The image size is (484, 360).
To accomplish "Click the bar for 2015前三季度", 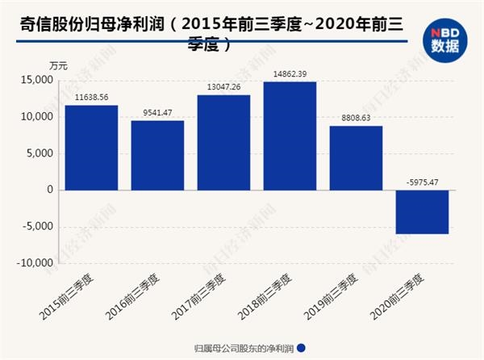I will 91,148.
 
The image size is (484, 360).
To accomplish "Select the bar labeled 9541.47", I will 157,155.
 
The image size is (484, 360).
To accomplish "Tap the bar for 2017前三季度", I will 223,142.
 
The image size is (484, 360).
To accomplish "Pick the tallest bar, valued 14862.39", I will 290,136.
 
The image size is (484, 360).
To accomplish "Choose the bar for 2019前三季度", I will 356,157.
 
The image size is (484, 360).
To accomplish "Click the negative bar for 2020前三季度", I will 422,211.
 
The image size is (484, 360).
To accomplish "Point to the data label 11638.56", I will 91,97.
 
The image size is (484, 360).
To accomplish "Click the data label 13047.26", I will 223,87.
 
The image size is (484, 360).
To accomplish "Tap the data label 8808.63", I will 356,118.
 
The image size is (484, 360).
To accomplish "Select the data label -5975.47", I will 422,182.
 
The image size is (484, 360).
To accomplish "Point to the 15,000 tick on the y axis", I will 38,80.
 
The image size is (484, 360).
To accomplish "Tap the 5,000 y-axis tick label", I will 40,153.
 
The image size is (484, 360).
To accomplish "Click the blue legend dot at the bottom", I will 302,349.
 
